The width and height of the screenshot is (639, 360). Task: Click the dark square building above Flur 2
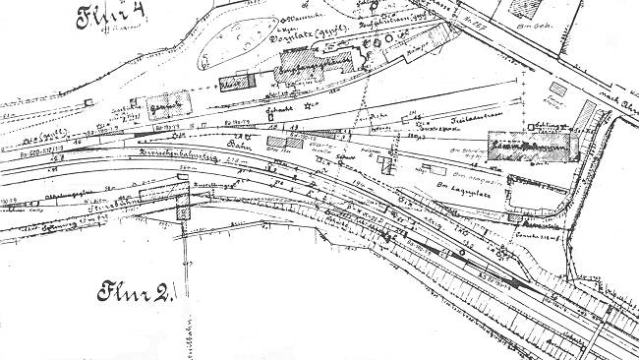pos(184,210)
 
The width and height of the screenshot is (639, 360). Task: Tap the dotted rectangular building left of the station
pos(167,102)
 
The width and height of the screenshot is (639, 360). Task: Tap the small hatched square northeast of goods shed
pos(556,90)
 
